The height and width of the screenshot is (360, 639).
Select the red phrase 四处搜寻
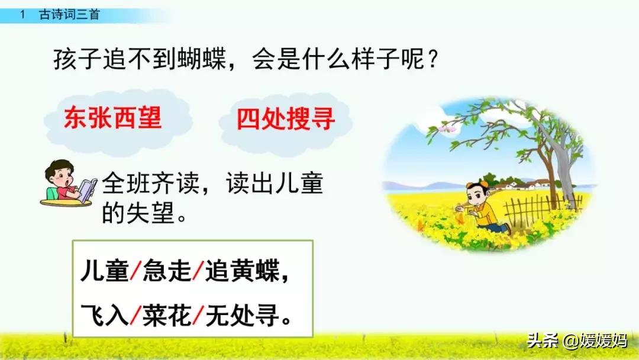286,120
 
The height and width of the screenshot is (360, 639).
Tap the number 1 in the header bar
22,15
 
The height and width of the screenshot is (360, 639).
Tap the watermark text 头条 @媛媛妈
575,342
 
